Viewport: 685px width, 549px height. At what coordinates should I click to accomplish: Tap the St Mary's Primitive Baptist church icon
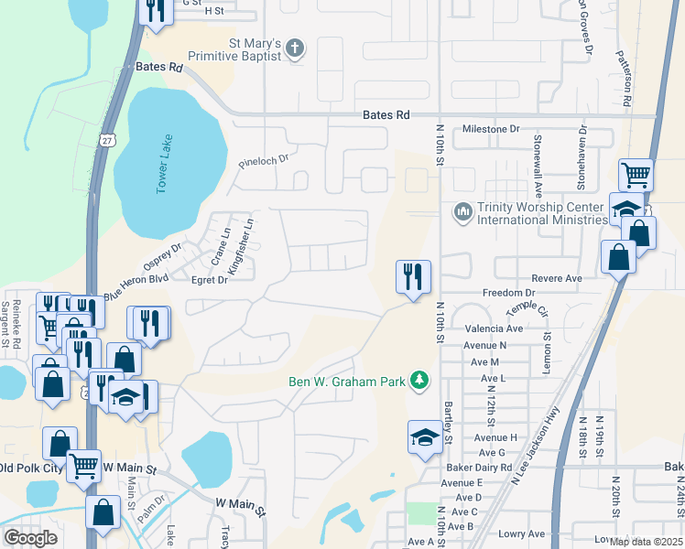295,49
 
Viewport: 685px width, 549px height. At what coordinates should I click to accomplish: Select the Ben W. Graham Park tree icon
419,380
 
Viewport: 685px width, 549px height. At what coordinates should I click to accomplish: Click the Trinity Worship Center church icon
462,212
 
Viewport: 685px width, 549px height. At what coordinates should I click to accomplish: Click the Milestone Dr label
490,130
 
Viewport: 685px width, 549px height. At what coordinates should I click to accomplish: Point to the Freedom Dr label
502,293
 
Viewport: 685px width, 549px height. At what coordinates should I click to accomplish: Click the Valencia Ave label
494,328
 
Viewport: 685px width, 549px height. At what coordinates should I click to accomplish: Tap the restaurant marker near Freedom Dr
413,277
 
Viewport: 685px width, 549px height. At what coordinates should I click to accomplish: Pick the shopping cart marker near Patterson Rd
636,174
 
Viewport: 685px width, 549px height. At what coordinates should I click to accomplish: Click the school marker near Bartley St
426,438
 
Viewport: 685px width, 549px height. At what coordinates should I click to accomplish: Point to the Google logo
31,538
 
